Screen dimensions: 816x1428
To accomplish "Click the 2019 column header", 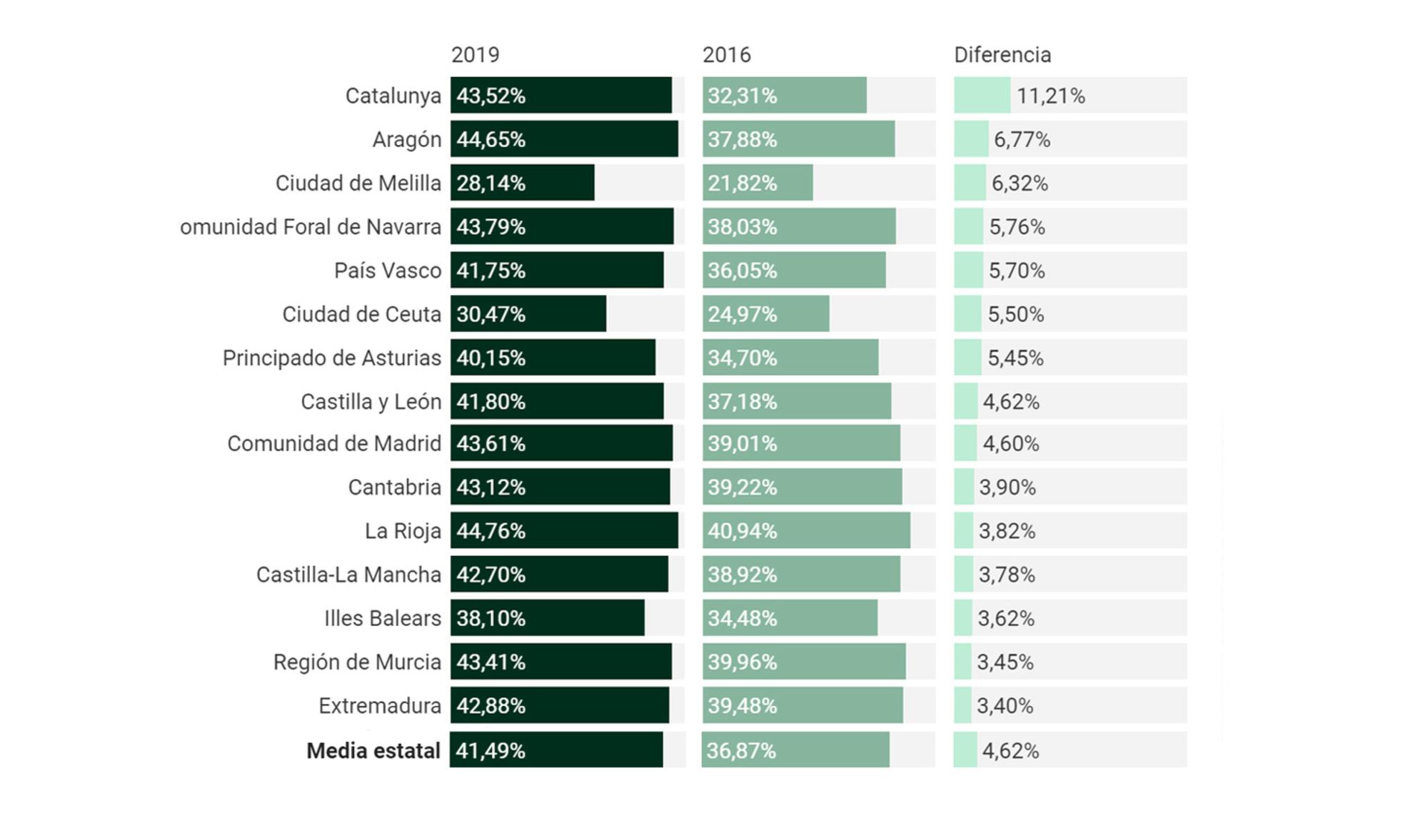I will (475, 55).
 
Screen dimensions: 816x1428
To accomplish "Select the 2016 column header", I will (726, 55).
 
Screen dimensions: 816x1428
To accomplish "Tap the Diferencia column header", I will (1002, 55).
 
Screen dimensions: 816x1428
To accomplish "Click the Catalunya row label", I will (393, 96).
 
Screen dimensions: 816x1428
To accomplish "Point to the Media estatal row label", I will (373, 751).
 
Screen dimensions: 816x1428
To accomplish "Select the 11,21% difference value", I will (1050, 96).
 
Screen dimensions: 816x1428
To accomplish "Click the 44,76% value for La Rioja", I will (491, 531).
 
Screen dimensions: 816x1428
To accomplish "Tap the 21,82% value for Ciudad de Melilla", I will (742, 183).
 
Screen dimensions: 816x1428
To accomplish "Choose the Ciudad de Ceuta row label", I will (361, 314).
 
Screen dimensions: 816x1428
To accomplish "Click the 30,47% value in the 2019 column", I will (491, 314).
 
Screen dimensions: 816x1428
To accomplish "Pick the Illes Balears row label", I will (382, 618).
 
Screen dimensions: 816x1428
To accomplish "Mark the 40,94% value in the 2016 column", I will (742, 531).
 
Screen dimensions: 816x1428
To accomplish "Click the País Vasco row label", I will (388, 271).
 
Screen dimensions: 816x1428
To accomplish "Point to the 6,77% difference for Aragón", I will (1022, 140).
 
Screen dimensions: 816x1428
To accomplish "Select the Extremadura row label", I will (380, 706).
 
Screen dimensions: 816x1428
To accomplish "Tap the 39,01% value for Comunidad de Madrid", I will (742, 443).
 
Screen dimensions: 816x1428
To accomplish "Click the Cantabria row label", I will (394, 488).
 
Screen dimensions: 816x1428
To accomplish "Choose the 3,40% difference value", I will (1005, 706).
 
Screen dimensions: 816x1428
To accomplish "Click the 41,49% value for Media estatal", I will (490, 751).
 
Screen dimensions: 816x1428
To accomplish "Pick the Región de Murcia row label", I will (357, 663).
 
